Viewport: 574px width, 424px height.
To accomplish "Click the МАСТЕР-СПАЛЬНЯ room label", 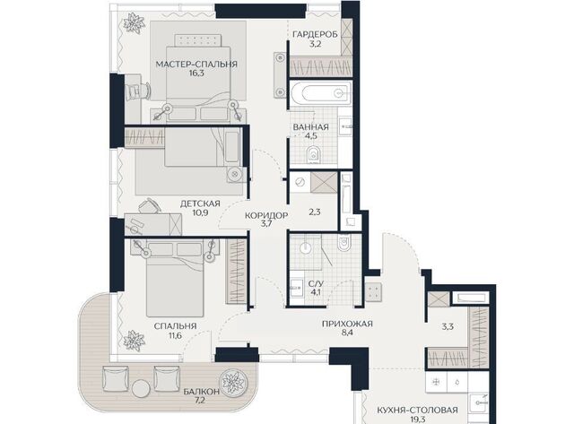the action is [196, 65].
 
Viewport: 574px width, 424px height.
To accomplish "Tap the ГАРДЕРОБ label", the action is [315, 34].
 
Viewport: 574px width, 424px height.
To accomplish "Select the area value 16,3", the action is [196, 74].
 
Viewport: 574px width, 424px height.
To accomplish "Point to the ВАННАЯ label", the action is [311, 127].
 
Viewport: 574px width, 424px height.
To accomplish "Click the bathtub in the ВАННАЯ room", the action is [321, 93].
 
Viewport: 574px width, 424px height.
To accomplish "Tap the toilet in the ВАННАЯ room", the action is [313, 155].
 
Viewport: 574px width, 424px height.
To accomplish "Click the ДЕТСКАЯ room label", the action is [200, 203].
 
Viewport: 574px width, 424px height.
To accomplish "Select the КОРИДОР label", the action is [266, 215].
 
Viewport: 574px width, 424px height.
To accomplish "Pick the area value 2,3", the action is [315, 212].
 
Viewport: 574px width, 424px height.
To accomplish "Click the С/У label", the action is [316, 283].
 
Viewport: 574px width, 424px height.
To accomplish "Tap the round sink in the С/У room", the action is [305, 248].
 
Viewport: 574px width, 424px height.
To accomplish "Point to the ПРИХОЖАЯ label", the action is [347, 324].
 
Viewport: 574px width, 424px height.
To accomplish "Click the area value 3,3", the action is [448, 326].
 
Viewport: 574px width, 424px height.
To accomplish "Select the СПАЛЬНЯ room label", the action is [176, 326].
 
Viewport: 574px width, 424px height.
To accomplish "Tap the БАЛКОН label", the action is [202, 392].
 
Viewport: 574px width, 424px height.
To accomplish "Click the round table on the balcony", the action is [142, 388].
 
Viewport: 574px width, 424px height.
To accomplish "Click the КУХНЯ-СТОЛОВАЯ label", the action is [417, 410].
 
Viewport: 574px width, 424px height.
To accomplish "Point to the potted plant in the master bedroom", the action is [133, 22].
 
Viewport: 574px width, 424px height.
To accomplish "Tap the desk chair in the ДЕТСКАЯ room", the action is [150, 206].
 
